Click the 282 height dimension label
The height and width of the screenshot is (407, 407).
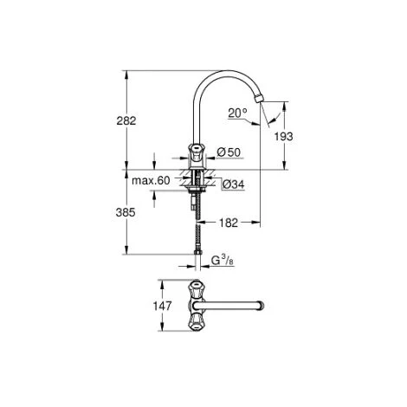[126, 120]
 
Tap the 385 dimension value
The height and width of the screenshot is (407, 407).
[126, 212]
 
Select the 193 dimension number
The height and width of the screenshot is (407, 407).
[283, 137]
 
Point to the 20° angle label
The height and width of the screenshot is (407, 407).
[237, 113]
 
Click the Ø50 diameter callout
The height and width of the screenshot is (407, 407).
[229, 152]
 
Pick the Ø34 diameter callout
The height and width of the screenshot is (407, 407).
[234, 184]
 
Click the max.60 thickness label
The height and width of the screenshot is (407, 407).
[151, 181]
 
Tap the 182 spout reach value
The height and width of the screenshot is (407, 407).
[229, 223]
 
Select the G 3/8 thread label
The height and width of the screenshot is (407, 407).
[223, 261]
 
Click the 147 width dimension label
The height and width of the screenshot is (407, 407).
[162, 306]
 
